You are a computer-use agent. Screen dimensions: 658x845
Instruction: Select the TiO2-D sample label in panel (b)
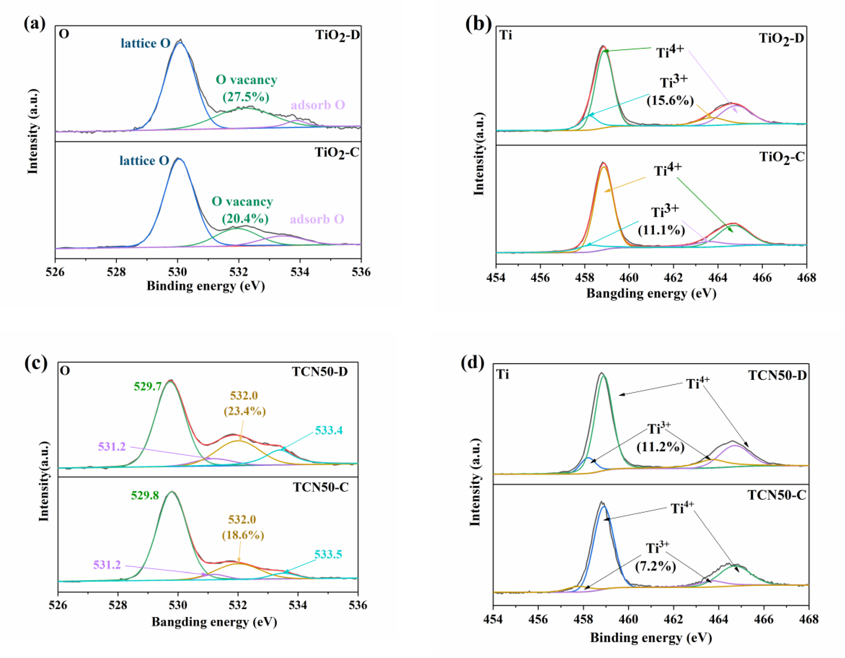click(x=781, y=38)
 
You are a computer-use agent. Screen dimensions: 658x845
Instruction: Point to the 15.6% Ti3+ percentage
click(x=670, y=100)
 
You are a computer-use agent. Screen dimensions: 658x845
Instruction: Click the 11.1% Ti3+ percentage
click(x=661, y=230)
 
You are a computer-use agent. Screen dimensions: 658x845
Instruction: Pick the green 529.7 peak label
click(x=148, y=386)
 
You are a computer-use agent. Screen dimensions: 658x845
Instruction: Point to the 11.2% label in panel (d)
click(x=660, y=447)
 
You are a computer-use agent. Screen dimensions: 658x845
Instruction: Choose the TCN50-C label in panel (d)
click(x=777, y=495)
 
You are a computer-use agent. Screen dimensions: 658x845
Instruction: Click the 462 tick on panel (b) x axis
click(x=674, y=277)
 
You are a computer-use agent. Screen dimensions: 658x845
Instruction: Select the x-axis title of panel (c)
click(x=214, y=622)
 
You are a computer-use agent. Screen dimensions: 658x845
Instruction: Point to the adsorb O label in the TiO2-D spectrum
click(x=318, y=105)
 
